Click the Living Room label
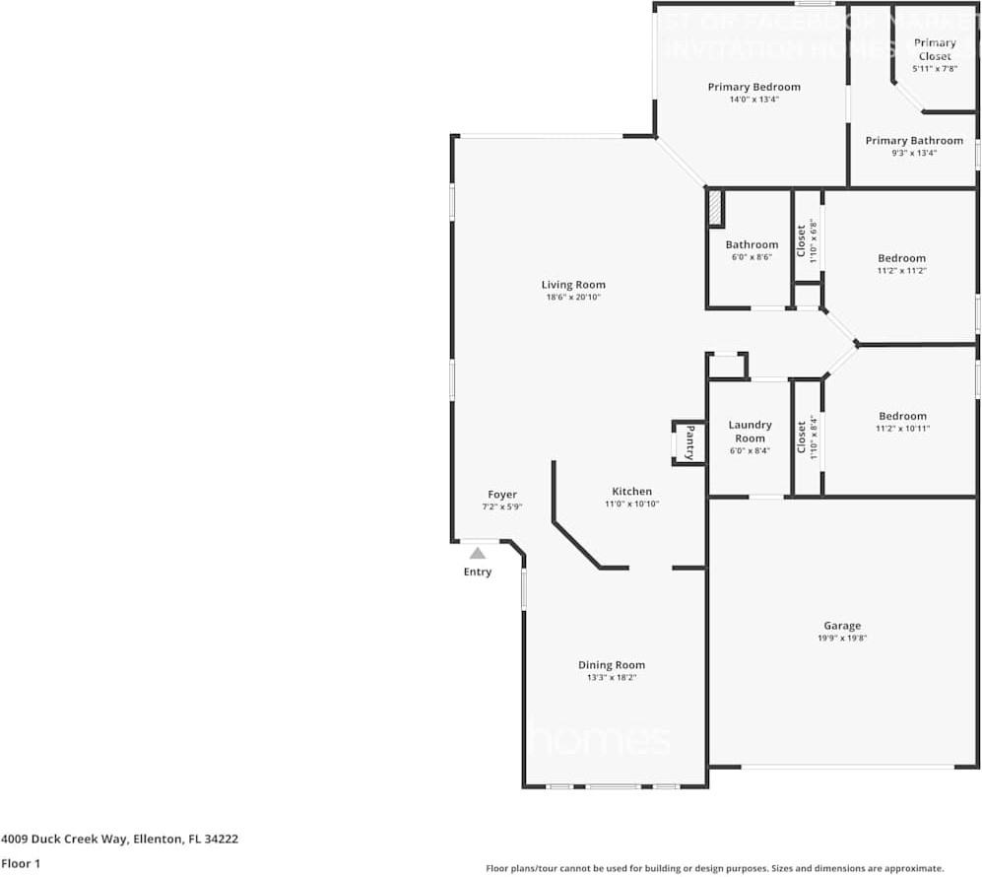573,285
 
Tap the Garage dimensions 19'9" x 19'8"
841,639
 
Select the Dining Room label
611,665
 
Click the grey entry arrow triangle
478,554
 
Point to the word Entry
478,572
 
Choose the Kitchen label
631,491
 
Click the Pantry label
689,442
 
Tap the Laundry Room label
750,432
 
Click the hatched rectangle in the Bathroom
716,208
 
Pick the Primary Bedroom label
753,87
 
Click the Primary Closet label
935,49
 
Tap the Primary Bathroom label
914,141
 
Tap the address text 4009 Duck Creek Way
64,840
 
